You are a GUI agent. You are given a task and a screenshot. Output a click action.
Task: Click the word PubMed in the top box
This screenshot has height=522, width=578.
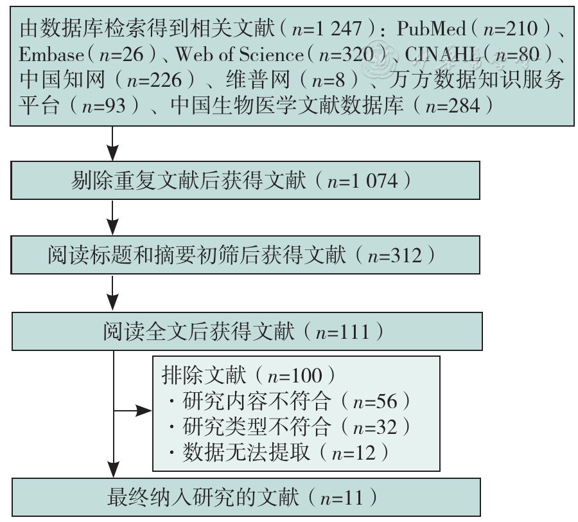click(x=431, y=28)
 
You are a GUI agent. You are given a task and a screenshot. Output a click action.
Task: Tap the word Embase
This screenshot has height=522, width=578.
click(x=51, y=55)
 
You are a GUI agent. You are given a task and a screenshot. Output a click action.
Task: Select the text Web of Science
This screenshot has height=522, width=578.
click(x=240, y=55)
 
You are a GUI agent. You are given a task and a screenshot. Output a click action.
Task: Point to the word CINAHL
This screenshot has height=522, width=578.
click(x=442, y=55)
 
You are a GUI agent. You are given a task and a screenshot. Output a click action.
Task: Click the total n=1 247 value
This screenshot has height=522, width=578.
click(x=327, y=29)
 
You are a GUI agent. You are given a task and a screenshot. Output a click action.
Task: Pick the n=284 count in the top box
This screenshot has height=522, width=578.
click(x=453, y=106)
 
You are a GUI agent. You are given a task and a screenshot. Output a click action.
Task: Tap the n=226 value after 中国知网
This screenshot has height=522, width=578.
click(x=154, y=80)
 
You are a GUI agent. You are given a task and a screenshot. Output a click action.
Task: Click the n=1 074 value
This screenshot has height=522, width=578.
click(x=362, y=181)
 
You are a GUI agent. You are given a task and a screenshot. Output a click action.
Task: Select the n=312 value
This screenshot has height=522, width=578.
click(x=395, y=255)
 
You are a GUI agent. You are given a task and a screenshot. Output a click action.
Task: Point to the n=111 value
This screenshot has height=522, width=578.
click(x=342, y=332)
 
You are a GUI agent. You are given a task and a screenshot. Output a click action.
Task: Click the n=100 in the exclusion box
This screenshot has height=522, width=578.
click(x=295, y=376)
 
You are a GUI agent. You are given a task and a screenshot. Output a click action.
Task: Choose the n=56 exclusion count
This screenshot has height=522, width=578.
click(x=375, y=402)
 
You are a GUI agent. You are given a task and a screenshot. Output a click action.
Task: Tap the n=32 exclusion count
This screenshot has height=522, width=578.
click(x=375, y=428)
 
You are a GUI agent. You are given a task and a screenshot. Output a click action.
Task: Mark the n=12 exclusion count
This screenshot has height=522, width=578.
click(x=353, y=453)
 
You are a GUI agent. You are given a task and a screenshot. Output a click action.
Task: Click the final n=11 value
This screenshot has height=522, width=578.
click(x=342, y=498)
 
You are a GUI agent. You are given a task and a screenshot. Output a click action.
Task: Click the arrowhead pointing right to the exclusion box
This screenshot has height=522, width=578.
click(x=144, y=410)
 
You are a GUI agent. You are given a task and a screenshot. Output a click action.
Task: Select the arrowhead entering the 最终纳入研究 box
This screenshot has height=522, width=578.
click(x=114, y=470)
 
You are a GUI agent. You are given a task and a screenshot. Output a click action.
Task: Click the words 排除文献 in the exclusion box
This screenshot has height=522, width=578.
click(x=204, y=375)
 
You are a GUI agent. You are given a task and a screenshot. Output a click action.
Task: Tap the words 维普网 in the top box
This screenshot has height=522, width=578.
click(x=258, y=80)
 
